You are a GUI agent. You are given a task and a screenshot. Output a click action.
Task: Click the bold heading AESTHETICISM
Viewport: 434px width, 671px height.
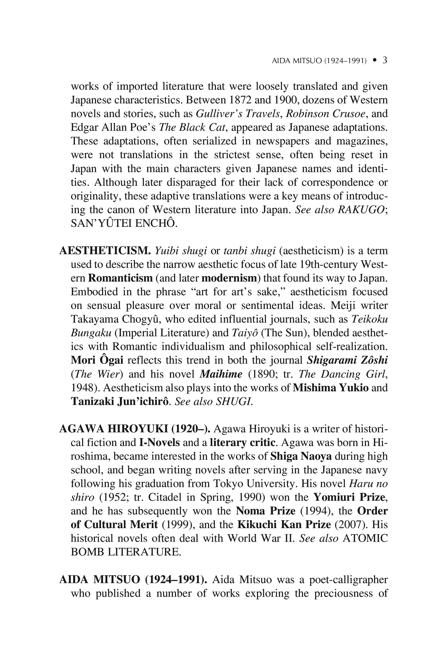(105, 250)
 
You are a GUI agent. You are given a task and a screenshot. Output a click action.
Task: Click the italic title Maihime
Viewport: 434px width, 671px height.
(221, 374)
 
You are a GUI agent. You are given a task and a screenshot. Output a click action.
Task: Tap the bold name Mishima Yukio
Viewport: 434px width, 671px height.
(331, 388)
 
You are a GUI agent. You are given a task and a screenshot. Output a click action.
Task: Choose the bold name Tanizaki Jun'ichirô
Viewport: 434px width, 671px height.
(120, 402)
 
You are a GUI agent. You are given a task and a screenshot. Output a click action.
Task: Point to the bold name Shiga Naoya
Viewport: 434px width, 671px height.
(301, 456)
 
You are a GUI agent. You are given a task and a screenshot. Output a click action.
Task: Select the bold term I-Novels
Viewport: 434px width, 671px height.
(159, 443)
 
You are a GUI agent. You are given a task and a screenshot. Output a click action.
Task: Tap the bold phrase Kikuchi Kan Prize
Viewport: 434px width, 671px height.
(284, 525)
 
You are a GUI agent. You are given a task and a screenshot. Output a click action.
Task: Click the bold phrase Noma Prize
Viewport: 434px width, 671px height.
(265, 511)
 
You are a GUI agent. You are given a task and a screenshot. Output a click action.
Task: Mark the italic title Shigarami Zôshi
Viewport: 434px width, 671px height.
(347, 360)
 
